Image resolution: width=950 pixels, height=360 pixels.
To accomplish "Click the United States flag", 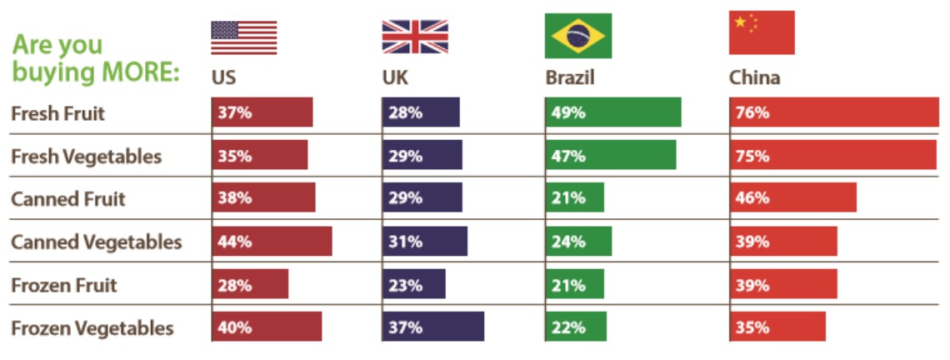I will [x=243, y=37].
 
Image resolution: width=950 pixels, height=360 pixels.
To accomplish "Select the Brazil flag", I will [x=577, y=36].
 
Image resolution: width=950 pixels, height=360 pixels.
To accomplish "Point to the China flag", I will [x=762, y=33].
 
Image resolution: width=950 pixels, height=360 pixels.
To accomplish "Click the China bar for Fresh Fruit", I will [x=834, y=112].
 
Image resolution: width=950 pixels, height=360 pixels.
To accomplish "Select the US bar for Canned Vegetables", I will [x=272, y=242].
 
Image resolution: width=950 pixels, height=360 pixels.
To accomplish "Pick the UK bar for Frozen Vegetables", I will [x=433, y=327].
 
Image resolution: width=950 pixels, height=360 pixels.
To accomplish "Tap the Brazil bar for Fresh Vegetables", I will [x=611, y=156].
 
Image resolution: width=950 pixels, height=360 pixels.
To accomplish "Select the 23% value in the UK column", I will [x=405, y=285].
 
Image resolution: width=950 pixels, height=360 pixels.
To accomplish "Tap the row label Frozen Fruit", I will [x=64, y=285].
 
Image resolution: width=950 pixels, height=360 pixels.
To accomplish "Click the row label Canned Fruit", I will [x=68, y=199].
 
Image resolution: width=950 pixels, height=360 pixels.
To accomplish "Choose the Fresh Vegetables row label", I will [x=87, y=156].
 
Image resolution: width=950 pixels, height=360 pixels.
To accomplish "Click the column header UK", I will [x=396, y=78].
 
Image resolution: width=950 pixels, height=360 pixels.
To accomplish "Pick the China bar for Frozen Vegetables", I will [x=777, y=327].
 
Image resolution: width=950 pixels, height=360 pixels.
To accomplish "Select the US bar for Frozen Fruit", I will [x=250, y=285].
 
